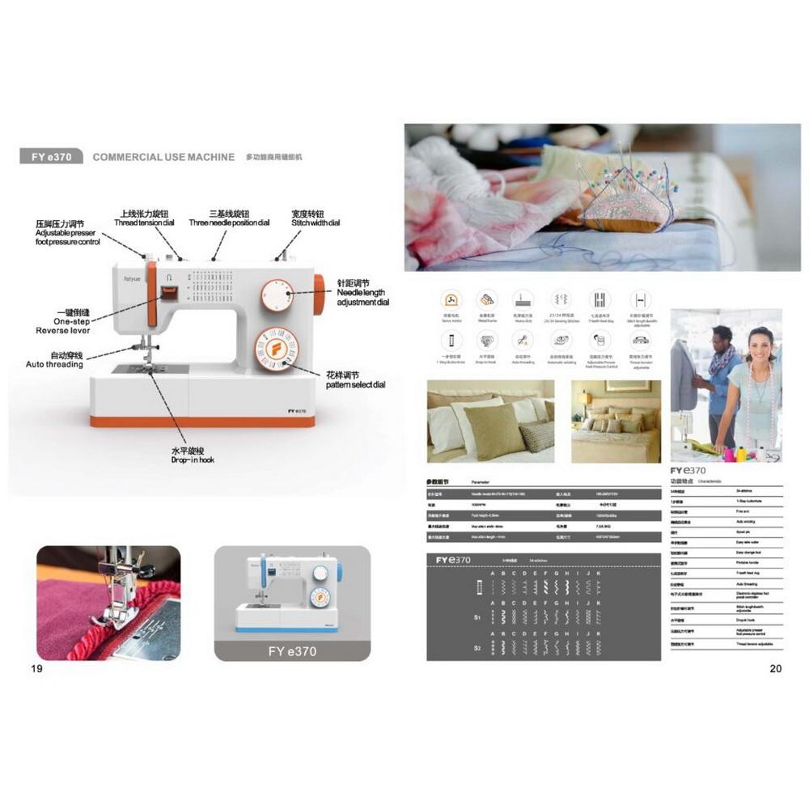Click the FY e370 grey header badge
(52, 157)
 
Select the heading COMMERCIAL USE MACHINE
(163, 157)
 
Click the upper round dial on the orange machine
(277, 296)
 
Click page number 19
(36, 668)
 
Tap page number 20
(776, 668)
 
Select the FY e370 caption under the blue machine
(292, 650)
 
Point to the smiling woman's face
(761, 347)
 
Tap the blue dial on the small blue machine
(320, 573)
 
